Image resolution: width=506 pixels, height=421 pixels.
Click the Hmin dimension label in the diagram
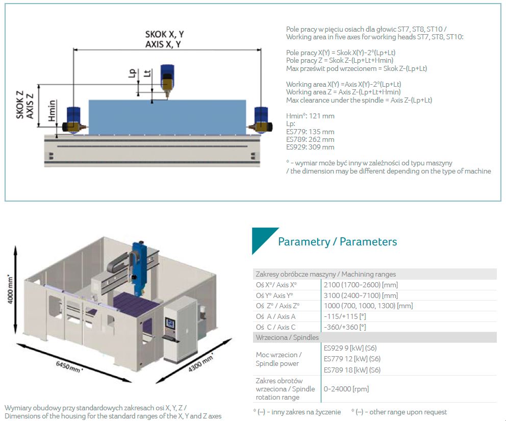(x=52, y=110)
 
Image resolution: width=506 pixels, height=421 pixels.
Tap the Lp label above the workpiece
(x=132, y=73)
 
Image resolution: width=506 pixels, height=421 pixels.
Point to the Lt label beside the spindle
(x=147, y=73)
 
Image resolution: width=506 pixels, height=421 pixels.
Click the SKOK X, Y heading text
(x=165, y=34)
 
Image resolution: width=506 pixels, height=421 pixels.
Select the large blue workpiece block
(x=167, y=117)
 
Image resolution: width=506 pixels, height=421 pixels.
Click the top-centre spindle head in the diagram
(x=167, y=81)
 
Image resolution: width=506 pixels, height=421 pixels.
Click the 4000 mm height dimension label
(x=10, y=289)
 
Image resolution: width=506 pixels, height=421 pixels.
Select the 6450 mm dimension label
(x=69, y=367)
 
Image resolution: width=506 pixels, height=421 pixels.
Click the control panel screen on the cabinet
(x=170, y=324)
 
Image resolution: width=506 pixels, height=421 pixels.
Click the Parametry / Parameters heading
(x=338, y=242)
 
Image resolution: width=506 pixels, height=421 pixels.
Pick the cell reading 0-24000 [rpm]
(x=346, y=389)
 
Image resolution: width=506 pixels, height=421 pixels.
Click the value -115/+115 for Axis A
(x=345, y=316)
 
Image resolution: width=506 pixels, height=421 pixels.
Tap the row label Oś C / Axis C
(x=275, y=327)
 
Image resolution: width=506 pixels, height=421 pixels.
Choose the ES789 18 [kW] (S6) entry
(x=352, y=370)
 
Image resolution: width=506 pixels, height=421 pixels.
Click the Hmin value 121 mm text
(x=310, y=116)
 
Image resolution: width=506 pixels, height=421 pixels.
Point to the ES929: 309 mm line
(x=310, y=147)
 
